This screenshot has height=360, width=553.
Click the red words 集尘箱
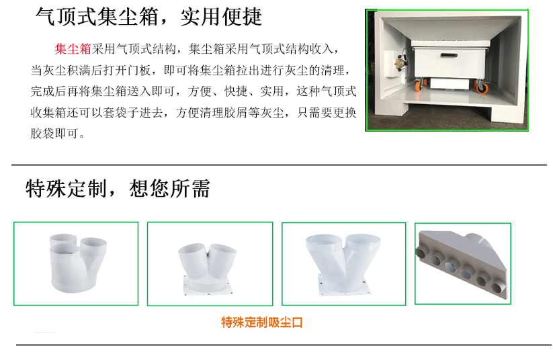point(73,48)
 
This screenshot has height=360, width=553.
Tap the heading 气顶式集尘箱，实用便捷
point(148,17)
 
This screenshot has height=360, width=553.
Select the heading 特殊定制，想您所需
point(118,188)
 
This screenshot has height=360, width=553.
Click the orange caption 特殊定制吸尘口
point(261,322)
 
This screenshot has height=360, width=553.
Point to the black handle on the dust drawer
point(449,55)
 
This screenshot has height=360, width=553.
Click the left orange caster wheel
point(420,85)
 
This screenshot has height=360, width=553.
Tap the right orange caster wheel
point(482,87)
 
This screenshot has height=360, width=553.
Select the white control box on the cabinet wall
point(391,64)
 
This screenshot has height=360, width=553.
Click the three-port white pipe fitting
point(78,263)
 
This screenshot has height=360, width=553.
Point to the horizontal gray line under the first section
point(279,165)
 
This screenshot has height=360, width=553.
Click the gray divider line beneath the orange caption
point(284,345)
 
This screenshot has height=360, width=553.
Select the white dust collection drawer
point(450,59)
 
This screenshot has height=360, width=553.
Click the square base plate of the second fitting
point(208,285)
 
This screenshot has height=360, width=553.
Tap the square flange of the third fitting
point(345,285)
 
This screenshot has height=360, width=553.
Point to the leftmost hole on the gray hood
point(421,253)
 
